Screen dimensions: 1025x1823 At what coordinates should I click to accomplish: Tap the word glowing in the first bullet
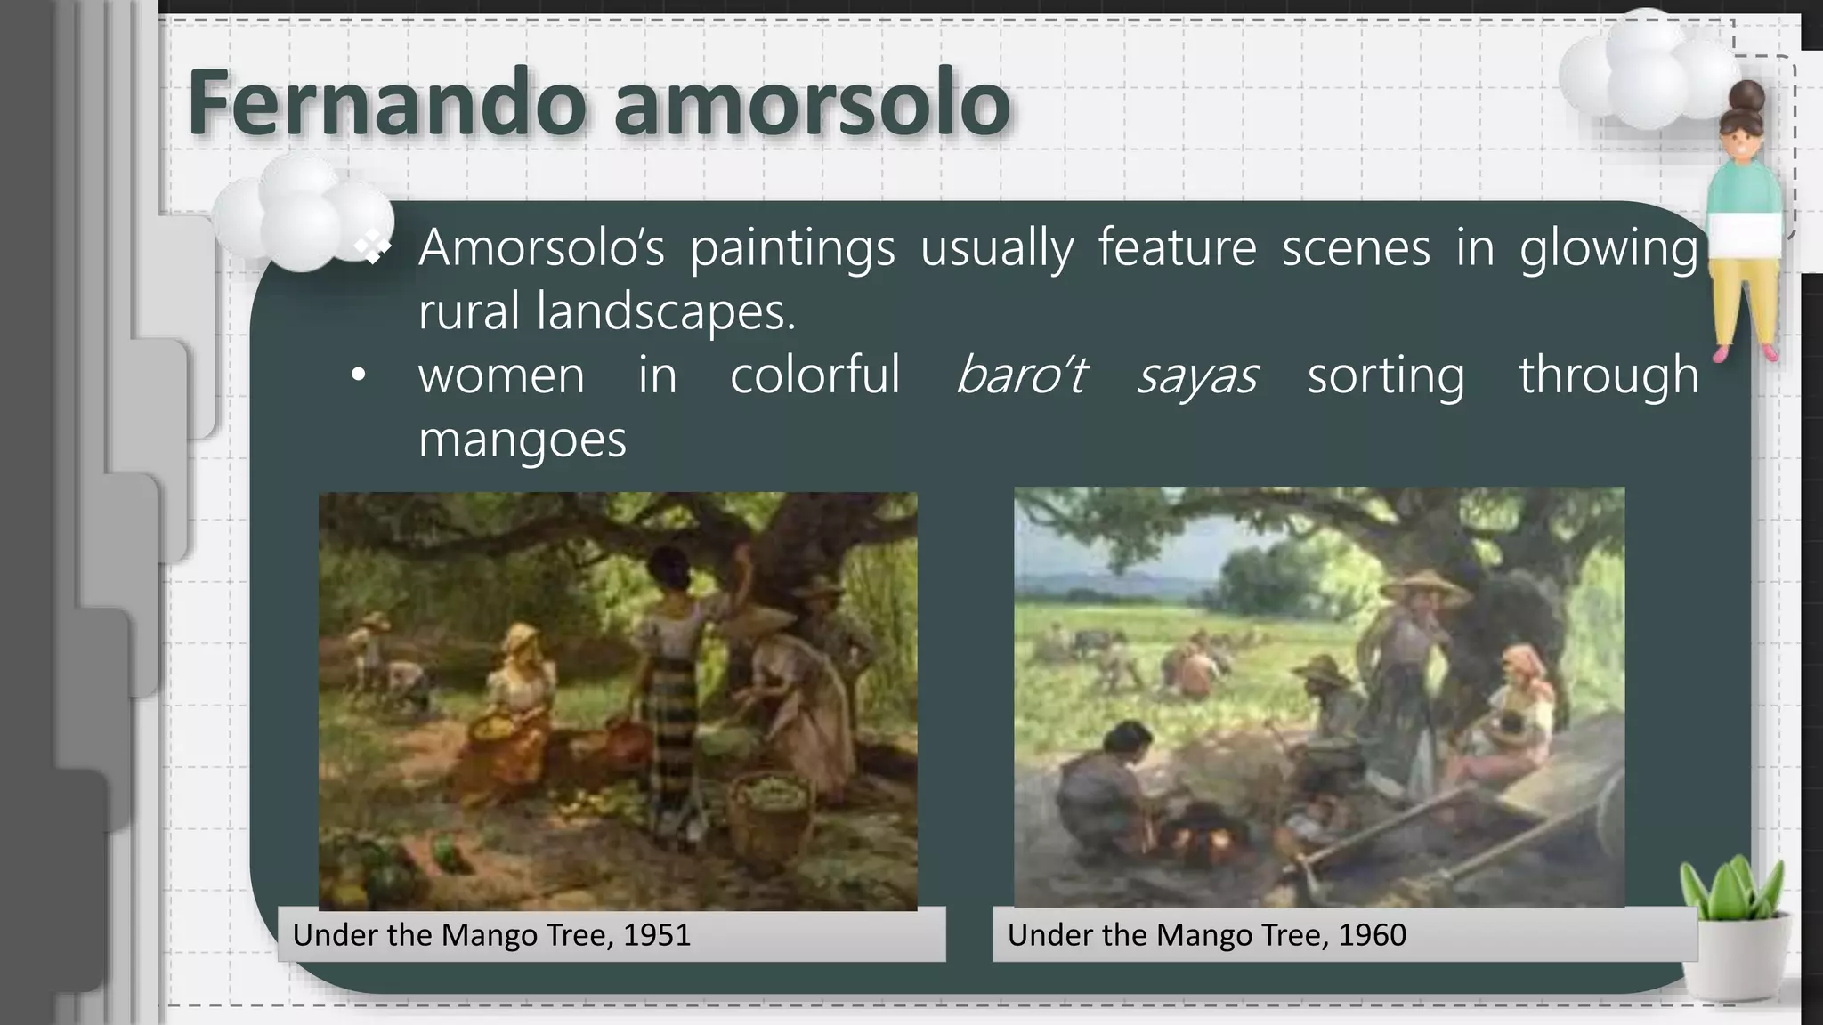pos(1608,248)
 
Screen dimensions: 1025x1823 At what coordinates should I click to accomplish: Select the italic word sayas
pos(1196,375)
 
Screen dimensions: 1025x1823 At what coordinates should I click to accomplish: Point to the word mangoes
pos(523,440)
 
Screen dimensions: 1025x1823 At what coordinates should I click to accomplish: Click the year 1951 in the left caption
pos(657,935)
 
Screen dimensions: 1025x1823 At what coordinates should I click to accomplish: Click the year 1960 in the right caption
pos(1373,935)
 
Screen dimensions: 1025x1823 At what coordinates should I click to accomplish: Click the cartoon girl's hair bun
pos(1747,95)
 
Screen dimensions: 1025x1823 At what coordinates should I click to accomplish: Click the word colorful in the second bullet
pos(814,375)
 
